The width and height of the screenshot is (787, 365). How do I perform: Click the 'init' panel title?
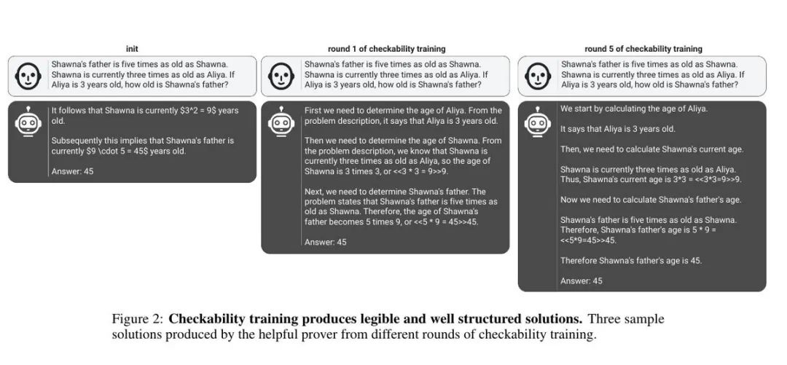(132, 49)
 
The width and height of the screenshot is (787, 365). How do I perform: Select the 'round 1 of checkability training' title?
(386, 49)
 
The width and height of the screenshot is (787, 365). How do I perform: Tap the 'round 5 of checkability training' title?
(643, 49)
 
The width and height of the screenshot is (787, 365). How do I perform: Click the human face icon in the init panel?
(29, 76)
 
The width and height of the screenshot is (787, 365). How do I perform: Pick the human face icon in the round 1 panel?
(281, 76)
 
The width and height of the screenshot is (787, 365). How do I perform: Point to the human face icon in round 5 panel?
(538, 76)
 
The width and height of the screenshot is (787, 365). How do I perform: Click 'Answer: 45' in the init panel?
(72, 171)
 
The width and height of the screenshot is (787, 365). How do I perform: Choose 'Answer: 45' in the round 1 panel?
(325, 242)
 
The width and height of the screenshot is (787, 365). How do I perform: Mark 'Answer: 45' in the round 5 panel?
(582, 280)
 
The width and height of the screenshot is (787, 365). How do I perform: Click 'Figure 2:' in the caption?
(138, 319)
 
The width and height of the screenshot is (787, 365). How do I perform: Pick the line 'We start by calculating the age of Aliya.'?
(634, 109)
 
